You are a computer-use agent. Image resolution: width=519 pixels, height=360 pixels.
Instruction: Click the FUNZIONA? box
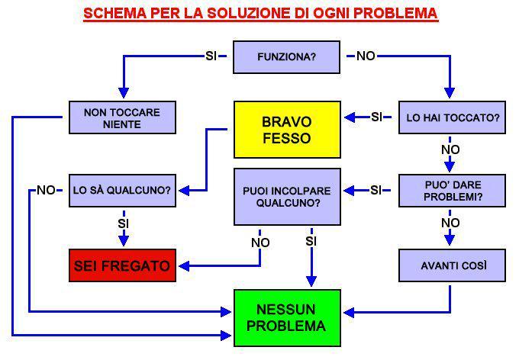tap(286, 56)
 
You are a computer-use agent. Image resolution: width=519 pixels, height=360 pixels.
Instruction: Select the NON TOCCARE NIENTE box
tap(122, 118)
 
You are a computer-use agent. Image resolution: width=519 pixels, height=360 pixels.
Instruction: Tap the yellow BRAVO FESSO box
tap(286, 130)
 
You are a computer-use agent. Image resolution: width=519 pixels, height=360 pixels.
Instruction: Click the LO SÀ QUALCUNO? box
tap(122, 189)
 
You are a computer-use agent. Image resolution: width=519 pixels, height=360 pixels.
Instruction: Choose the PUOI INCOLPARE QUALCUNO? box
tap(288, 196)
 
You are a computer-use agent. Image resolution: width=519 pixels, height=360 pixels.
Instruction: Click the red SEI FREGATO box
tap(122, 266)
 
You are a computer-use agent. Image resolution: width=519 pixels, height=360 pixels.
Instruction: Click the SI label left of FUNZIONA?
tap(212, 56)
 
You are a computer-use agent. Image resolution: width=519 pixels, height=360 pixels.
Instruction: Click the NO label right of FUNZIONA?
tap(366, 56)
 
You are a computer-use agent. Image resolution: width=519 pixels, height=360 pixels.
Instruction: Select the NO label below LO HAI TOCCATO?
tap(450, 150)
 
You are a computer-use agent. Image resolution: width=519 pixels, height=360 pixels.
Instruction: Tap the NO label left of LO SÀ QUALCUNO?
tap(46, 190)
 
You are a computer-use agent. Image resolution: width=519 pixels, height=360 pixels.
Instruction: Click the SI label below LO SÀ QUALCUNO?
tap(122, 223)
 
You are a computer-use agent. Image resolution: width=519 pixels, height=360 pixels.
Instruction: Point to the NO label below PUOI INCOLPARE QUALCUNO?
tap(260, 243)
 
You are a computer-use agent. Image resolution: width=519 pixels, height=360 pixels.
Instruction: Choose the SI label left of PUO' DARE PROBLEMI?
tap(376, 190)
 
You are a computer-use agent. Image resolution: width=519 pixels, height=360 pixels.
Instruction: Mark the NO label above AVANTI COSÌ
tap(450, 223)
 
